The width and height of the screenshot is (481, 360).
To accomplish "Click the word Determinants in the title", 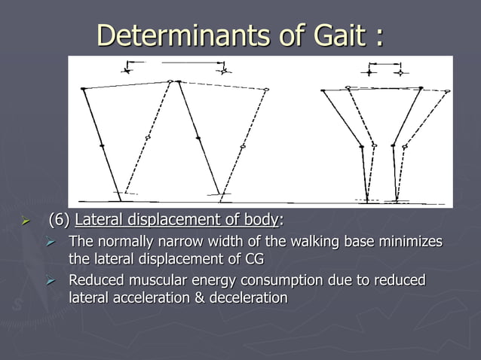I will click(171, 35).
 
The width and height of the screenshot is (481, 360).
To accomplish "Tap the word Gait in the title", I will click(326, 35).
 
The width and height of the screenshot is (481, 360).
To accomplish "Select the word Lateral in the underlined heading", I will click(100, 221).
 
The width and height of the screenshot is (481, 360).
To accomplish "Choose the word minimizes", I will click(412, 242).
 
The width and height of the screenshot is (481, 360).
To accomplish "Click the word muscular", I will click(152, 281).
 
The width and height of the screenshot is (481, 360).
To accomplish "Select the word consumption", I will click(279, 281).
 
